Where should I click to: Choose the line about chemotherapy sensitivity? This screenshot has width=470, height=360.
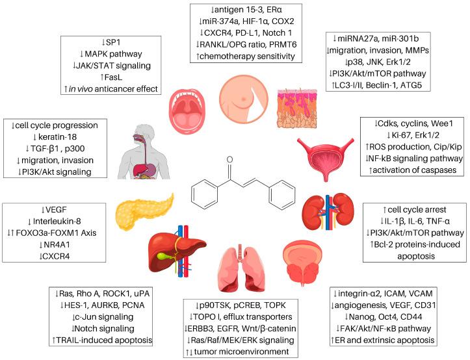pos(248,56)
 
